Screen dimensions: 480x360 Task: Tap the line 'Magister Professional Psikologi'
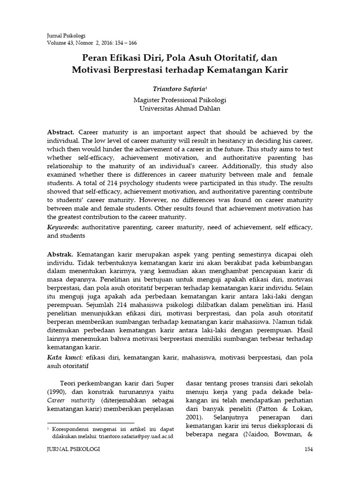180,99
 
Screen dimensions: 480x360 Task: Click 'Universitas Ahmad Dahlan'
180,108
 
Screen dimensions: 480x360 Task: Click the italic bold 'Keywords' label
63,227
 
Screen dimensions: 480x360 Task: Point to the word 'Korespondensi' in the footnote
72,428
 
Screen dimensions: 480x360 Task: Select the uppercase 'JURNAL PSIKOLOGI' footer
74,449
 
